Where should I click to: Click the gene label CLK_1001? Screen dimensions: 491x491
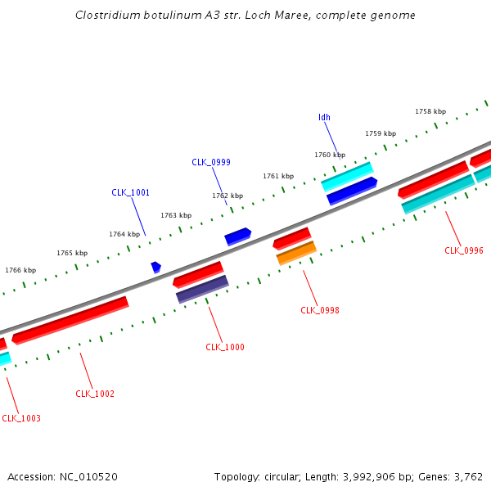pyautogui.click(x=130, y=192)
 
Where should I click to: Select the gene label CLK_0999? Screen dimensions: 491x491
pyautogui.click(x=211, y=162)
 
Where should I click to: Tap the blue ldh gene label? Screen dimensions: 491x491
pyautogui.click(x=324, y=117)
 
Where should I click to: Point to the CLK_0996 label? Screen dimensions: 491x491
pyautogui.click(x=464, y=250)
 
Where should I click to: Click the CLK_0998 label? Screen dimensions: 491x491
pyautogui.click(x=320, y=310)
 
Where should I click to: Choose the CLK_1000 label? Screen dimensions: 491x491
pyautogui.click(x=225, y=347)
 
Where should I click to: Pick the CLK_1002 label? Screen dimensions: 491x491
pyautogui.click(x=95, y=394)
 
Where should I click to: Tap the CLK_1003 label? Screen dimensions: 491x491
pyautogui.click(x=21, y=418)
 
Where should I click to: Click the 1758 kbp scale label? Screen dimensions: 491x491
pyautogui.click(x=430, y=111)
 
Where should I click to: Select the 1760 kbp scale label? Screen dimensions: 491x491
pyautogui.click(x=330, y=155)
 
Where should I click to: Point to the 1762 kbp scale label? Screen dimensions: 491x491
pyautogui.click(x=227, y=196)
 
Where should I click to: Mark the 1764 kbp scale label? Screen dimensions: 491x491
pyautogui.click(x=124, y=234)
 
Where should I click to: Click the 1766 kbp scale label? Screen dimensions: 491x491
pyautogui.click(x=20, y=270)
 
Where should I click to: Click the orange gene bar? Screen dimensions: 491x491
pyautogui.click(x=296, y=253)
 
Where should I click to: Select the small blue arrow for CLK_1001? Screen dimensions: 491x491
pyautogui.click(x=155, y=267)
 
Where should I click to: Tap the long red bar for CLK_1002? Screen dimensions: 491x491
pyautogui.click(x=70, y=320)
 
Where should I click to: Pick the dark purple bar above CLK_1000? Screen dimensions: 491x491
pyautogui.click(x=202, y=288)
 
